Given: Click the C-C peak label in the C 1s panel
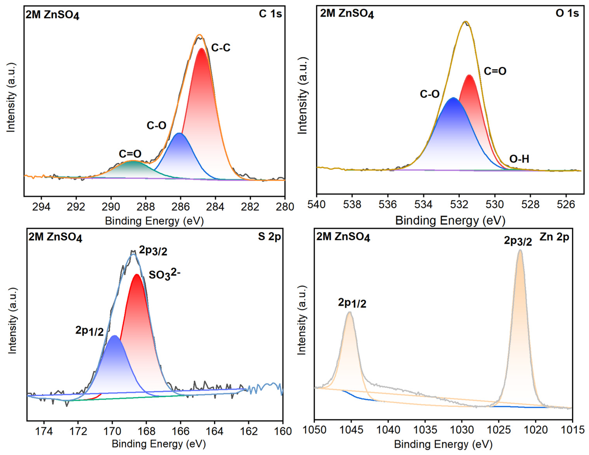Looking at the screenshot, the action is coord(221,48).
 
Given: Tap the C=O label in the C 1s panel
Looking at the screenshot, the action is coord(130,154).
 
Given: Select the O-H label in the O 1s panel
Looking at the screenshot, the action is coord(519,159).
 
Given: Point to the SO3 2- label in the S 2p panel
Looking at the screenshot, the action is coord(165,275).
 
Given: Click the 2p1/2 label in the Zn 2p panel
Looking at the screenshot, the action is coord(352,303).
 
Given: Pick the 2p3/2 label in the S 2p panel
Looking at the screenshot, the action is coord(153,251).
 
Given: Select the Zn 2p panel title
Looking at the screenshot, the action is coord(554,237).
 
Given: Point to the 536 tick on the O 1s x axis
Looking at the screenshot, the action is coord(388,204).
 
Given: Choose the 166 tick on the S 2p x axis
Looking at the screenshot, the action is coord(180,431).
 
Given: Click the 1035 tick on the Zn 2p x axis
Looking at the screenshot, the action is coord(425,430).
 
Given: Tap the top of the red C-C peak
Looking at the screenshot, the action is coord(202,48).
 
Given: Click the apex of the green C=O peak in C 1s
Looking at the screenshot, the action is coord(133,161).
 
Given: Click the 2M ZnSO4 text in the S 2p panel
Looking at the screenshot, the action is coord(55,237).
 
